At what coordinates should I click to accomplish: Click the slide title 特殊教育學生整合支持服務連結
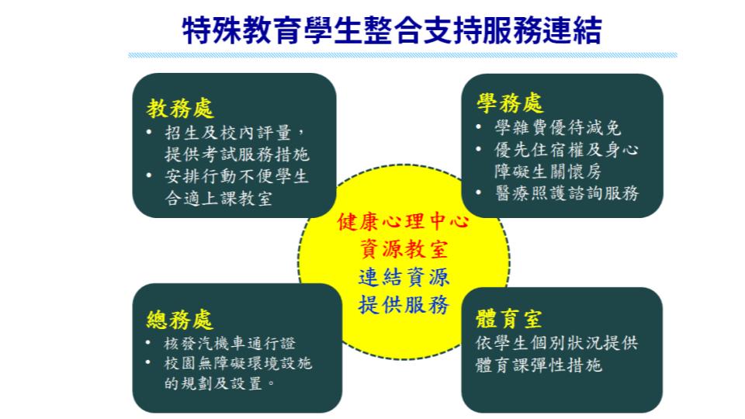click(393, 30)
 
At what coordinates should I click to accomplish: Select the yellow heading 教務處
click(180, 109)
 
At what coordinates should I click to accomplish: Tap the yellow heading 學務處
click(510, 103)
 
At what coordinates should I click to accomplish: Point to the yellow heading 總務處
click(179, 319)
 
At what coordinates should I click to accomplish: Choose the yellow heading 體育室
click(509, 318)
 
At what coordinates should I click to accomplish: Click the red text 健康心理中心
click(404, 221)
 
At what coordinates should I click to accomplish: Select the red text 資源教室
click(404, 249)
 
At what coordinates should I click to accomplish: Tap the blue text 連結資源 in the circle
click(404, 277)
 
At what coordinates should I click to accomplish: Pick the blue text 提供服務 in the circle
click(404, 304)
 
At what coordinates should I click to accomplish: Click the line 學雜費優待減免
click(557, 127)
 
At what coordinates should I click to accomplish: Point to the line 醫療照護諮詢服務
click(567, 193)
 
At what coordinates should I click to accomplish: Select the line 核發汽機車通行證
click(230, 343)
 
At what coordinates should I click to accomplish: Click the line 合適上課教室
click(219, 198)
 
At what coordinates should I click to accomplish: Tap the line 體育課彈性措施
click(539, 365)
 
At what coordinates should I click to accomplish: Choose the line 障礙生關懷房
click(548, 171)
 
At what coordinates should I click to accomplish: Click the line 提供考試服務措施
click(237, 154)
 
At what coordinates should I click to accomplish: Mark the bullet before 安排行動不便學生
click(149, 176)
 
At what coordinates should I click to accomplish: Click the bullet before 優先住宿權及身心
click(479, 149)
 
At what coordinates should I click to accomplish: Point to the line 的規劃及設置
click(220, 383)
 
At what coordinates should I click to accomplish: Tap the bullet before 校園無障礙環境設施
click(149, 363)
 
